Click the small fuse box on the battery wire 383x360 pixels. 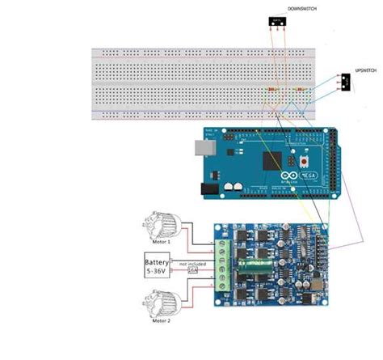191,271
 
